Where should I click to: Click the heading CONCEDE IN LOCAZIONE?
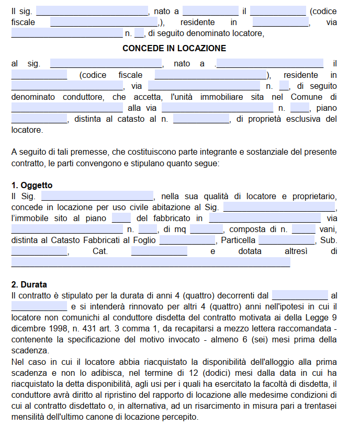[174, 49]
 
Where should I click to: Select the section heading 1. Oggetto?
[32, 186]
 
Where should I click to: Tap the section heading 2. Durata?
[29, 285]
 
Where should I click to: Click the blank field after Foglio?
[187, 240]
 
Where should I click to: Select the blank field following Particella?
[286, 240]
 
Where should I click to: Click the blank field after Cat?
[159, 251]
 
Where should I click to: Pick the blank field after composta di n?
[303, 229]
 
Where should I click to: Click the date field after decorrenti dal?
[300, 295]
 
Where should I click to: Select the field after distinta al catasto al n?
[201, 120]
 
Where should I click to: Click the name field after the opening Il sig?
[92, 11]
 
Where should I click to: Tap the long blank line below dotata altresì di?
[151, 262]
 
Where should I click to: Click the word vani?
[329, 229]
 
